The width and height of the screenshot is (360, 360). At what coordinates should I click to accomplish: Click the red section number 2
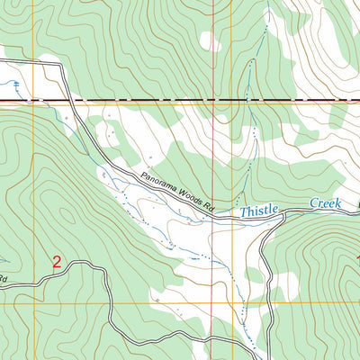(x=57, y=262)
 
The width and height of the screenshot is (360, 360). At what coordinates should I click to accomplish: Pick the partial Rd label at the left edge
(x=4, y=279)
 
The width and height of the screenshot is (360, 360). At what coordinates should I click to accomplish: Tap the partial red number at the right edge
(x=356, y=259)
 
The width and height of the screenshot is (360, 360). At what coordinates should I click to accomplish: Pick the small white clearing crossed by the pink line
(x=211, y=41)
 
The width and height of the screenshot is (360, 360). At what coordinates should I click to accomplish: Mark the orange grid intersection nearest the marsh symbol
(x=34, y=103)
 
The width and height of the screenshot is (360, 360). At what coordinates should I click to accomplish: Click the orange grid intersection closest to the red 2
(x=34, y=303)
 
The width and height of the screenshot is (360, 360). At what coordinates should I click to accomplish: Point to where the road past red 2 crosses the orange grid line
(x=108, y=303)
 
